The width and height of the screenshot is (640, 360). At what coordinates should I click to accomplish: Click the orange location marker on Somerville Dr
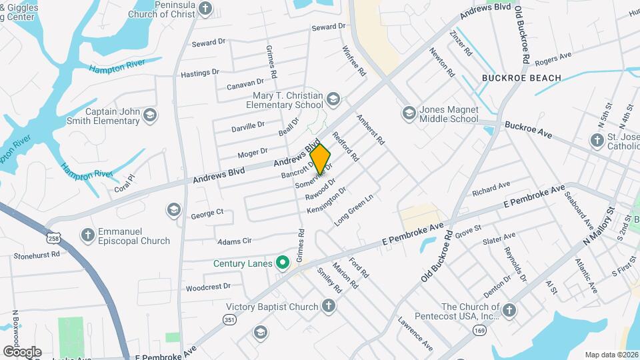(320, 159)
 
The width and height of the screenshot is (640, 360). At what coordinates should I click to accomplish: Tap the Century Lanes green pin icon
(283, 263)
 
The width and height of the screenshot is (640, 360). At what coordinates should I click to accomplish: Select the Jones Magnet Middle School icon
(408, 114)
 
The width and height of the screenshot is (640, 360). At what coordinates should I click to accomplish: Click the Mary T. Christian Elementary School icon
(333, 100)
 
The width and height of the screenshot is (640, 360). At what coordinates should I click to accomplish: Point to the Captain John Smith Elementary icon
(150, 116)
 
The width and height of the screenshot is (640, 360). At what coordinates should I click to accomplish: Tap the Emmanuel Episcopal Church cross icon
(87, 235)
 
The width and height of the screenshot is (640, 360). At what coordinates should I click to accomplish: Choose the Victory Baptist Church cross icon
(328, 306)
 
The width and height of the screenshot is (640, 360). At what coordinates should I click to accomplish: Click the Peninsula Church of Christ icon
(205, 9)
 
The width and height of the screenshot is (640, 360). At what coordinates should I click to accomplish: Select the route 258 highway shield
(53, 238)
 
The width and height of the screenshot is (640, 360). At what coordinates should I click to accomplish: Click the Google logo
(22, 351)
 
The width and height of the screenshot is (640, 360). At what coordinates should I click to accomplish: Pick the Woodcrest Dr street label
(208, 287)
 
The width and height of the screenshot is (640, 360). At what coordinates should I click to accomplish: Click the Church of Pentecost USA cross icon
(509, 311)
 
